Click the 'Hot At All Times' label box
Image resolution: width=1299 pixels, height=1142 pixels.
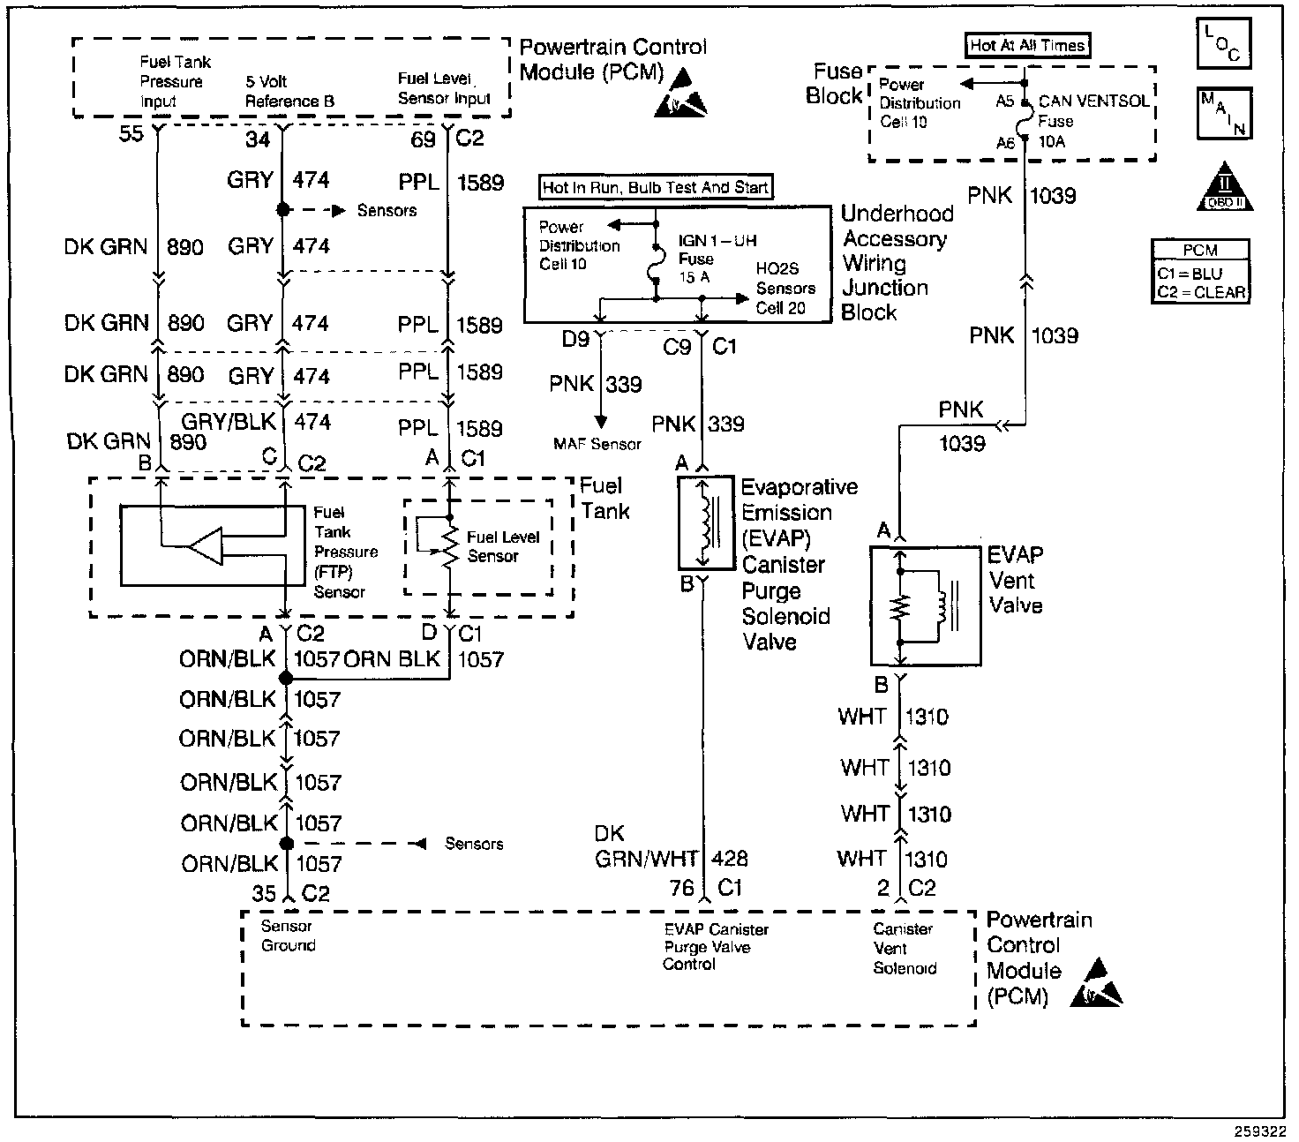pos(1027,46)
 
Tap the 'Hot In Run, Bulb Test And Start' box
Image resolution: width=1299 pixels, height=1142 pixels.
pos(656,187)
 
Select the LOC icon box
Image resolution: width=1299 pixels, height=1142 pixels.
pos(1223,44)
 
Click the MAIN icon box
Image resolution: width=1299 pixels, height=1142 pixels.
pos(1223,114)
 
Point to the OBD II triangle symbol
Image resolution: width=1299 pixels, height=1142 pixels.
pos(1225,187)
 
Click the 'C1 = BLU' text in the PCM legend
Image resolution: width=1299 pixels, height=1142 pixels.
pos(1190,274)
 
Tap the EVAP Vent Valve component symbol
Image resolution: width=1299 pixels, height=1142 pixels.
pos(924,605)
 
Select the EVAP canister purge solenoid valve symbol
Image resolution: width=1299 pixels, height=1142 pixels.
pos(704,524)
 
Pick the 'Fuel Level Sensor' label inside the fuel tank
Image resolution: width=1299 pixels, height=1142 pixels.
pos(502,546)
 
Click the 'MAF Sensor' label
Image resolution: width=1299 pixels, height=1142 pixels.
pos(597,444)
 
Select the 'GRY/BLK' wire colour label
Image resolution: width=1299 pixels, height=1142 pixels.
pos(229,421)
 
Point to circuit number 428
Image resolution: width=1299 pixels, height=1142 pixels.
pos(729,858)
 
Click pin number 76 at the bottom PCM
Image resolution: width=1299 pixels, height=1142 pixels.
pos(682,888)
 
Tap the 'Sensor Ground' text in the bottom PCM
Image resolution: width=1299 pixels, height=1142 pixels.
pos(288,935)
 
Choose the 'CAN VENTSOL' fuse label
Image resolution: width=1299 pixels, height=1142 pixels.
pos(1093,101)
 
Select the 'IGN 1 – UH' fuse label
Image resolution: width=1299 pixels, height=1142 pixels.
pos(717,241)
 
